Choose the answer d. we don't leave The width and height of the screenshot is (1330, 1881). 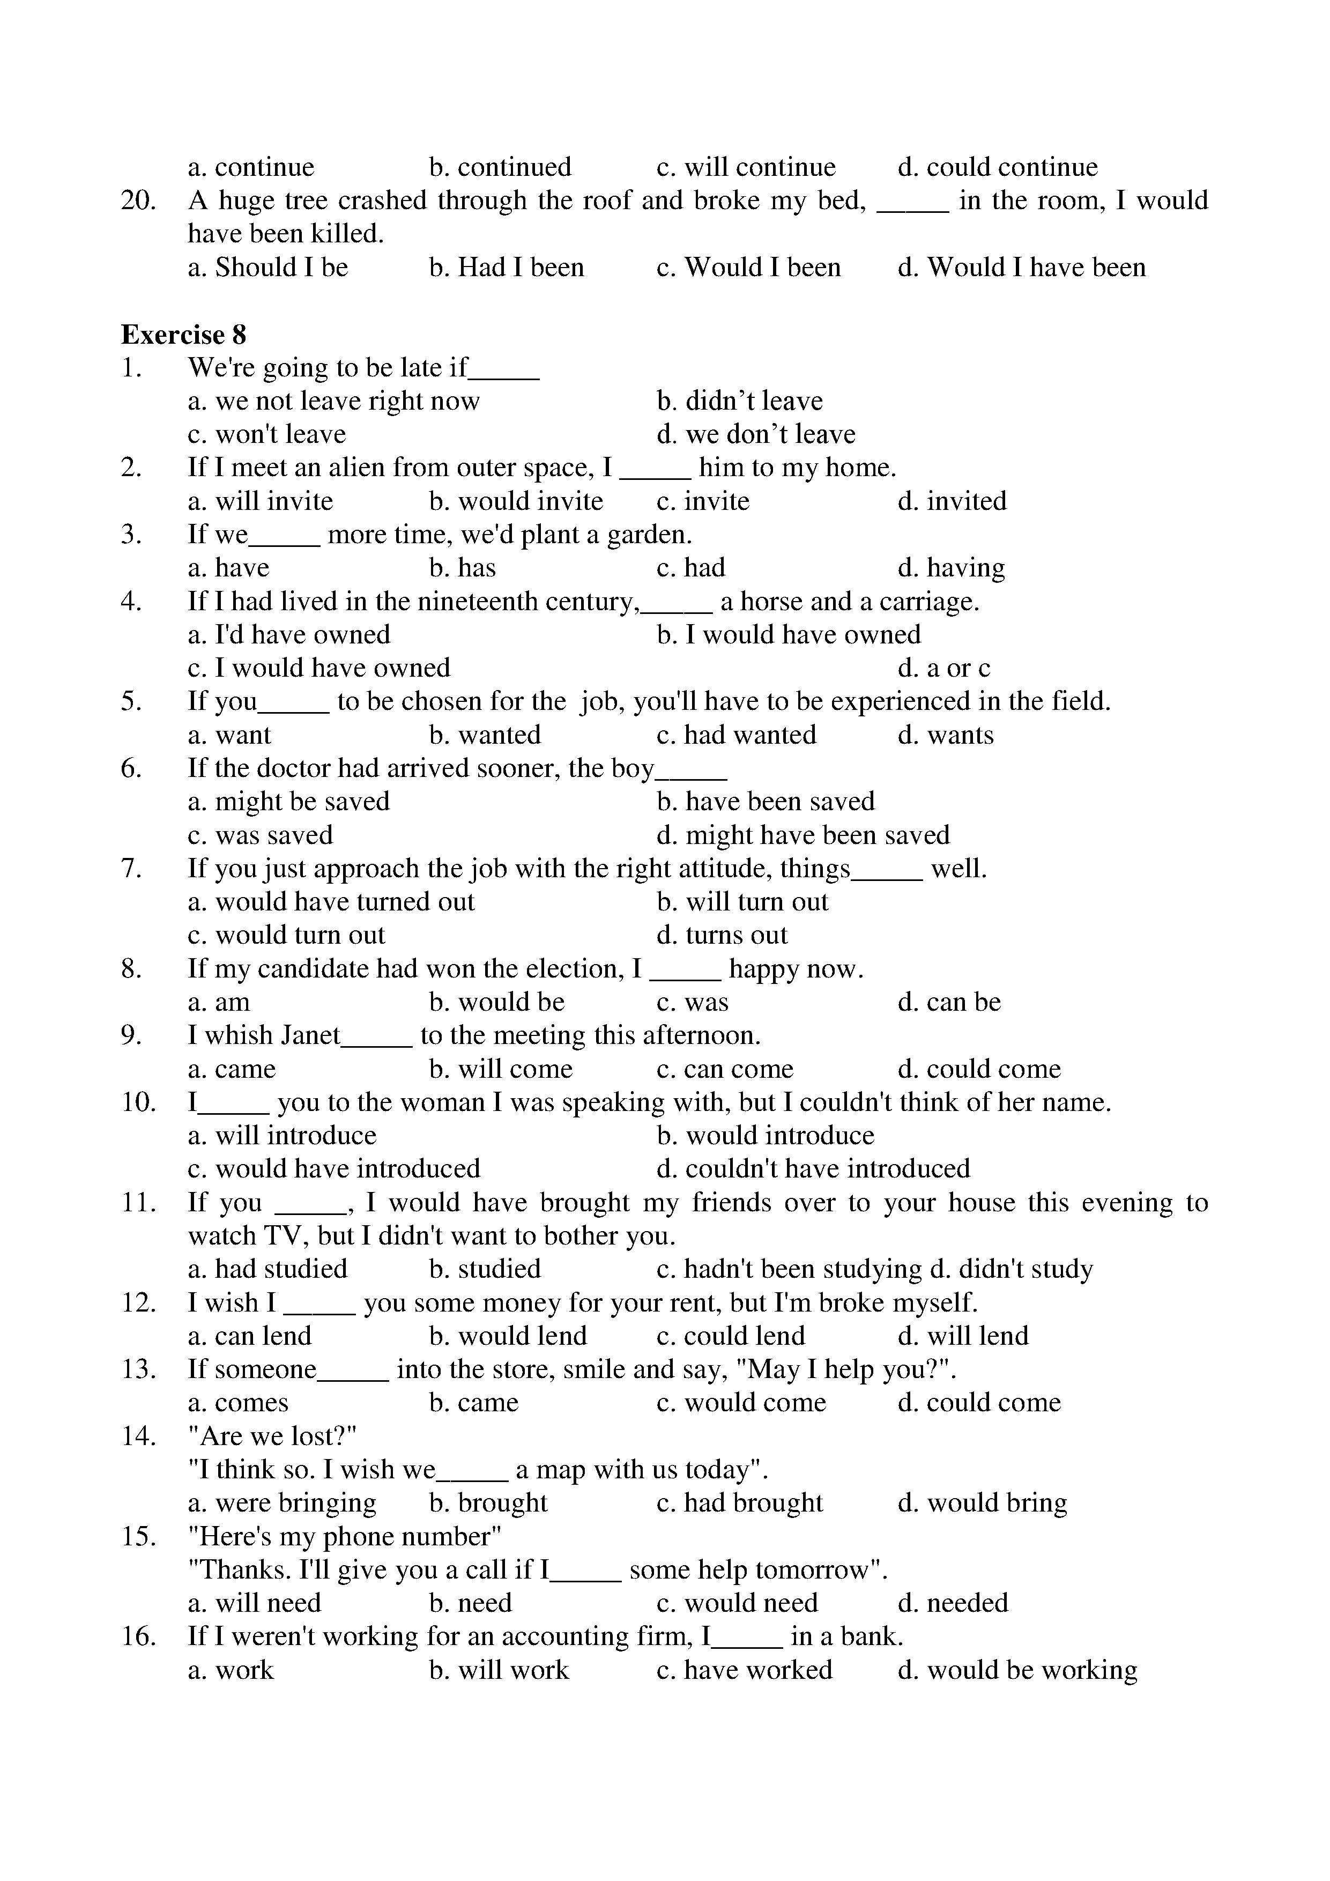point(755,434)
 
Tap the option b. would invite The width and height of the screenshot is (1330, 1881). point(516,501)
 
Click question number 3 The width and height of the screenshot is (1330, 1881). point(132,535)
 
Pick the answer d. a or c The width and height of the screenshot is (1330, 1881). point(943,669)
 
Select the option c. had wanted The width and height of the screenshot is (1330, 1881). point(736,735)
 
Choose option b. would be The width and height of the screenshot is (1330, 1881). point(496,1003)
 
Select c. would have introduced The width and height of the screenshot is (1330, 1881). point(334,1169)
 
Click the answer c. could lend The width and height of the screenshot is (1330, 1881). point(731,1336)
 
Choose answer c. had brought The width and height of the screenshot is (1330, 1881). point(740,1504)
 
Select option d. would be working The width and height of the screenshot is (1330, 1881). point(1017,1670)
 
